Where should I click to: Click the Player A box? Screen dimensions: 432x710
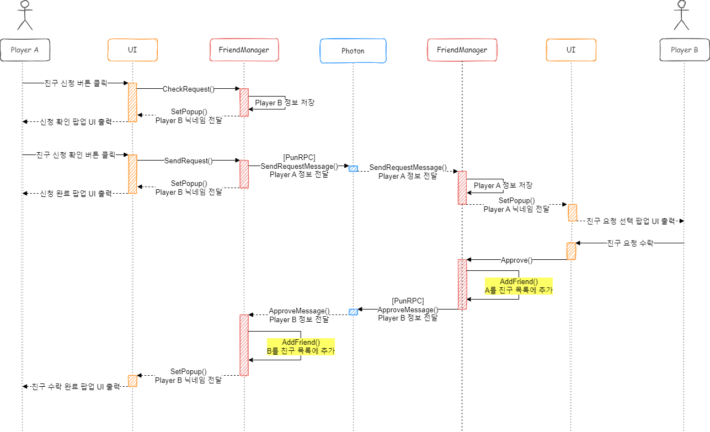[25, 50]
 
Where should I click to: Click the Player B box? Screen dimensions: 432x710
[684, 50]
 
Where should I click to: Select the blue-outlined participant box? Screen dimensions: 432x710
[353, 51]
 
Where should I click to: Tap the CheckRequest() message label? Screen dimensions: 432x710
[188, 89]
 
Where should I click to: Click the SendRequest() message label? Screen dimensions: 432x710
[188, 161]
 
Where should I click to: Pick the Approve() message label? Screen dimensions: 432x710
[516, 260]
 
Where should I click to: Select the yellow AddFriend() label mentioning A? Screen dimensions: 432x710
[519, 286]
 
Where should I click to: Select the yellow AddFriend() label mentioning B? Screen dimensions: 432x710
[301, 346]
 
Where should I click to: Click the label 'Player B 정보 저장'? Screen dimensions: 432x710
[285, 103]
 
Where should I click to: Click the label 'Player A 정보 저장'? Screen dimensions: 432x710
[503, 186]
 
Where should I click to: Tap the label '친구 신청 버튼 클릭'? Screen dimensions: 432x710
[76, 84]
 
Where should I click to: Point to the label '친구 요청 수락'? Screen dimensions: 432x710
[630, 243]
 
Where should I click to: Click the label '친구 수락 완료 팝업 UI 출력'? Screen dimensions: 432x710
[76, 387]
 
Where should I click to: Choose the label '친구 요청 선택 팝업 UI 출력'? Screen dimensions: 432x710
[631, 221]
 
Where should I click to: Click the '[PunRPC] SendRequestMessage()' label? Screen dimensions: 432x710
[299, 166]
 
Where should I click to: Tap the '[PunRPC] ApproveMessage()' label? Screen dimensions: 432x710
[408, 310]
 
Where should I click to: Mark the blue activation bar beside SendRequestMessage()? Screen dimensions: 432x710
[353, 169]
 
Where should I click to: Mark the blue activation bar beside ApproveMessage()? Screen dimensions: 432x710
[353, 312]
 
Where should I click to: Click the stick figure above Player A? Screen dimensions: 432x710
[24, 15]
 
